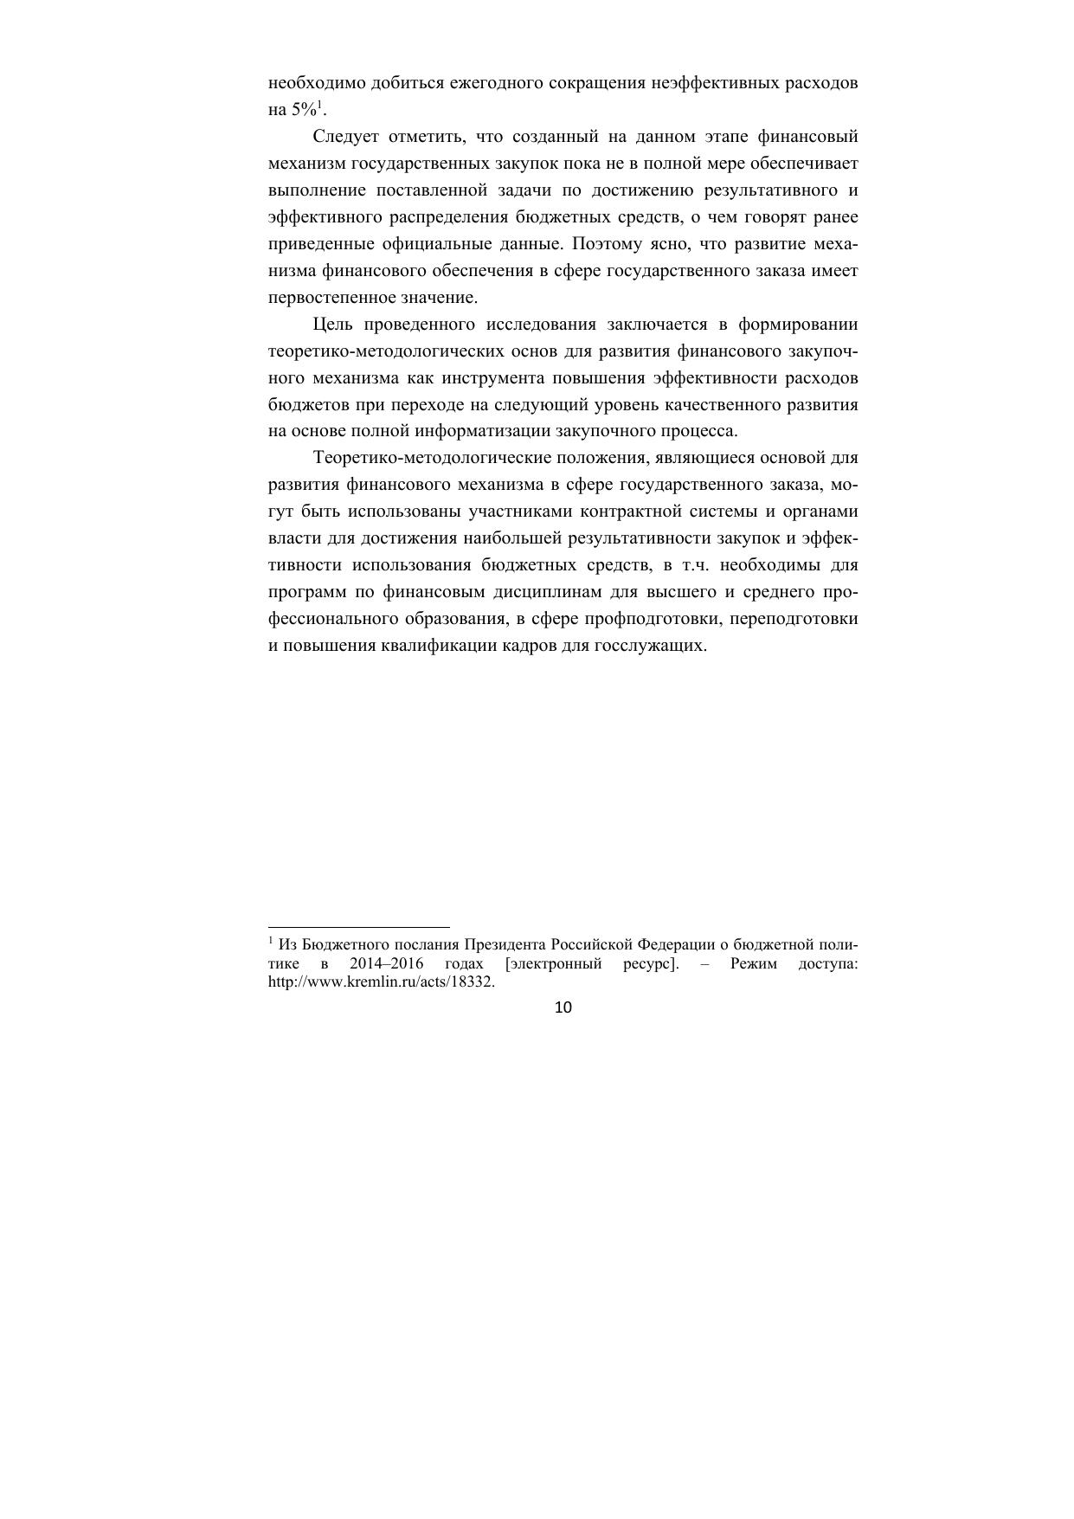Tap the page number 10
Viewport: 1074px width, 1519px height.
[x=563, y=1007]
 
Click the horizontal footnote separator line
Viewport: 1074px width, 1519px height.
[x=359, y=927]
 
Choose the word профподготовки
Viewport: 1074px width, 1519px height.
[x=657, y=620]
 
